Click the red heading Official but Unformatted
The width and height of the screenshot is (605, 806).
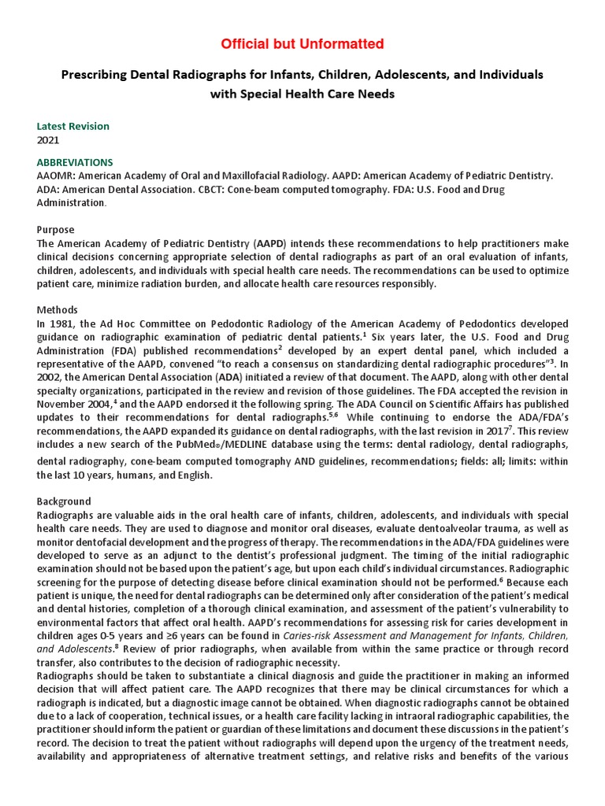[302, 43]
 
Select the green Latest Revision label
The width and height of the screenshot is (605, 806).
[73, 126]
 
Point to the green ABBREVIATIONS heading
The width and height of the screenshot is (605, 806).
[75, 163]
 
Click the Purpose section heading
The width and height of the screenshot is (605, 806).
[56, 230]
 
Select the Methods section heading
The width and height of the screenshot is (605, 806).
[58, 310]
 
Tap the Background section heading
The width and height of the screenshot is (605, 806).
[64, 501]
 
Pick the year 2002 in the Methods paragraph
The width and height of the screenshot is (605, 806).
[50, 377]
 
